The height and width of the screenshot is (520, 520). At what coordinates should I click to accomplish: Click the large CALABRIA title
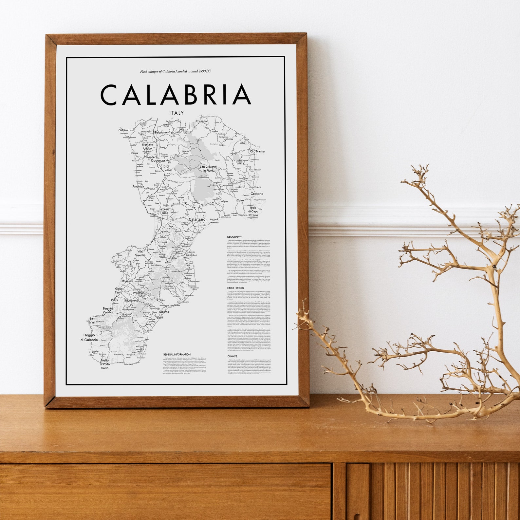176,95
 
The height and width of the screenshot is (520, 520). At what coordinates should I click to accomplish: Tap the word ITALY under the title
176,113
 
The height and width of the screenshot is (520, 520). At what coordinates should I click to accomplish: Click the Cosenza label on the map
158,161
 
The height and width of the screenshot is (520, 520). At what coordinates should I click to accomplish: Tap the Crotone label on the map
257,194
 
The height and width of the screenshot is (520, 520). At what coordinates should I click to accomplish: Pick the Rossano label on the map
201,121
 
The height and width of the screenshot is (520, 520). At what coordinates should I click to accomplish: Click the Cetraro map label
123,130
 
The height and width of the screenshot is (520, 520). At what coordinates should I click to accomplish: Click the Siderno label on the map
164,312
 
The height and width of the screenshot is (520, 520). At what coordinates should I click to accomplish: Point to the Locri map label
160,318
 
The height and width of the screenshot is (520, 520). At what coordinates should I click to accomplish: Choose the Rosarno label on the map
127,281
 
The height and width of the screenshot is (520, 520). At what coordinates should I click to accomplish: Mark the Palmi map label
114,300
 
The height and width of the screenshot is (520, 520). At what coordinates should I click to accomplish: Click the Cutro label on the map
240,200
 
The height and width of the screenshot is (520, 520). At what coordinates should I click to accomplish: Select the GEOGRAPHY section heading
234,237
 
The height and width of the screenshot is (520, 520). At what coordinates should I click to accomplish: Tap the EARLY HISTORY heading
236,288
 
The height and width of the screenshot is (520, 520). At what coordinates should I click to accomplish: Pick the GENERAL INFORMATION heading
176,354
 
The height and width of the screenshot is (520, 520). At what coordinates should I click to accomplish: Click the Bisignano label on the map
160,133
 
